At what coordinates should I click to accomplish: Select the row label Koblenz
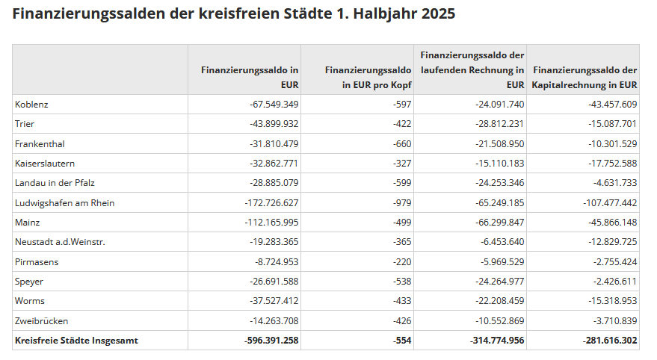pos(31,105)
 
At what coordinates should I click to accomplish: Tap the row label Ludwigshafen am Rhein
pos(65,202)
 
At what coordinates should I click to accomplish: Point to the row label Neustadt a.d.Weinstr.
pos(61,242)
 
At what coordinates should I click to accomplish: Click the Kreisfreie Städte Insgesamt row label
pos(76,341)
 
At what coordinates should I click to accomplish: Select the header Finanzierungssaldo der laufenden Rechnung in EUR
pos(472,69)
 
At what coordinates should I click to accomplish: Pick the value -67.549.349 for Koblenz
pos(274,105)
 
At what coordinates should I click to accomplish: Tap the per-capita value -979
pos(401,202)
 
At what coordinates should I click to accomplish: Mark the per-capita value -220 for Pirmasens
pos(401,261)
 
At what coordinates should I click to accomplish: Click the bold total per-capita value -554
pos(401,341)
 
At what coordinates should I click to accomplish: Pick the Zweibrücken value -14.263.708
pos(274,321)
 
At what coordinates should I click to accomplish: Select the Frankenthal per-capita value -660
pos(401,143)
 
